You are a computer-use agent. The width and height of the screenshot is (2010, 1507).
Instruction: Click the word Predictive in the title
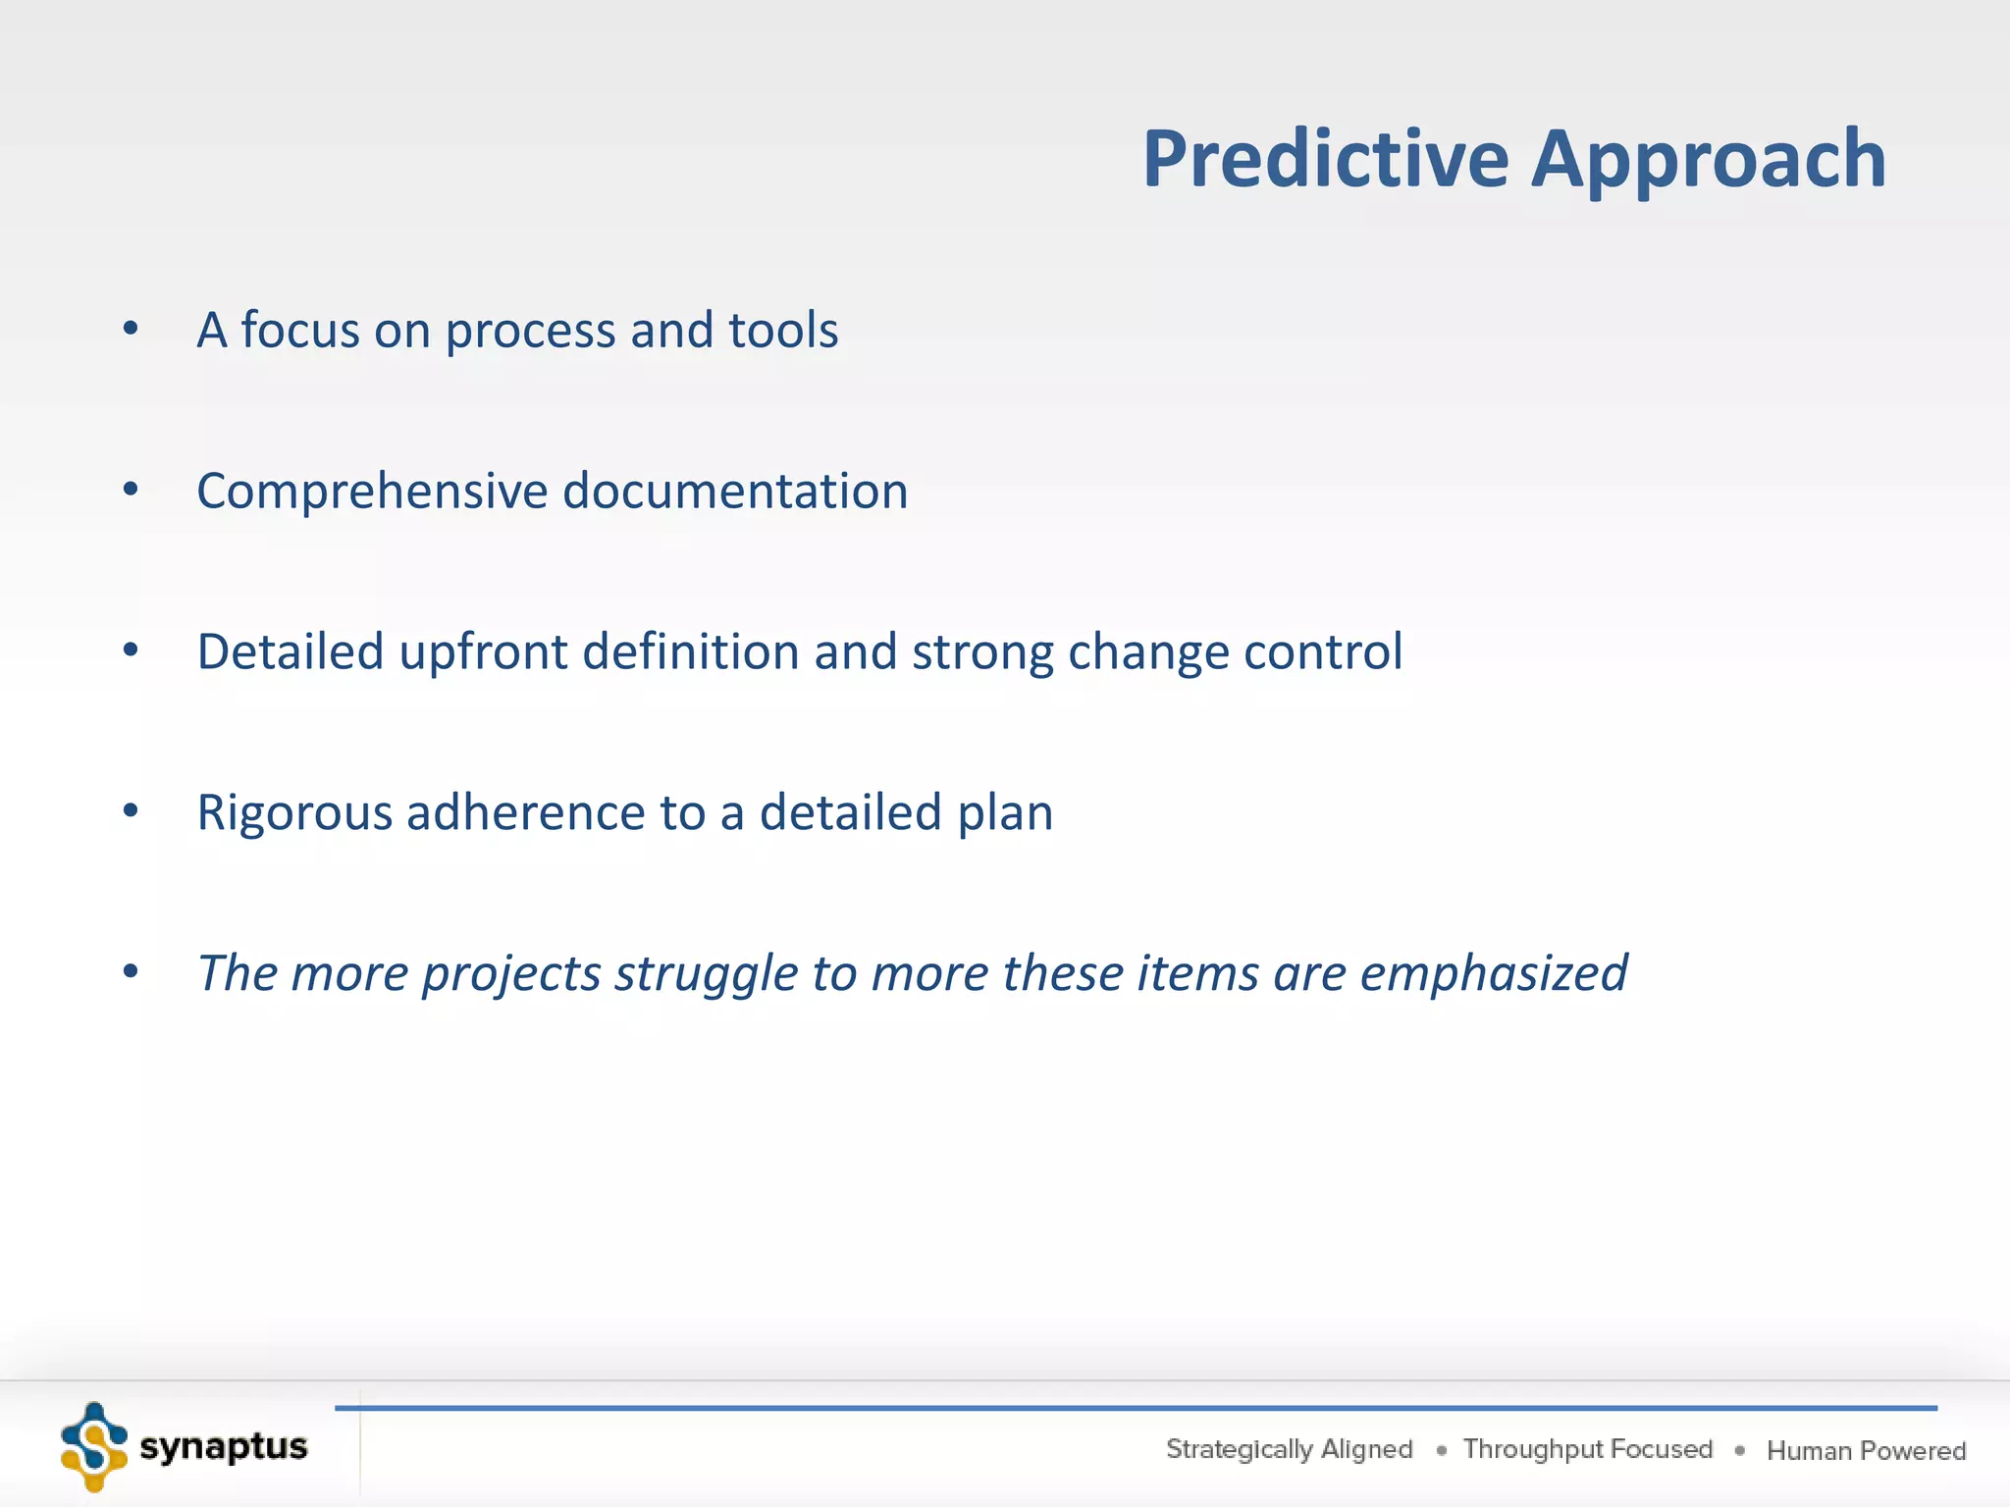tap(1326, 159)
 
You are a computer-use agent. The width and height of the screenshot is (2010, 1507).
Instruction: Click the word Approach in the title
tap(1709, 159)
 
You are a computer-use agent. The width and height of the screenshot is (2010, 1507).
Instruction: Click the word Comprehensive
tap(372, 493)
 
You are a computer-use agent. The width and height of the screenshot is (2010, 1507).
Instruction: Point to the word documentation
tap(735, 492)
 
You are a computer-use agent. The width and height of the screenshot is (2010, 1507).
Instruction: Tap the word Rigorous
tap(294, 814)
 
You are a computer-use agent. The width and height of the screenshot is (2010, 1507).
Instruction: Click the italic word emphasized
tap(1493, 975)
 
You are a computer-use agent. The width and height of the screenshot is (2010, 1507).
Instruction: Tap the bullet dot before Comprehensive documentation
tap(131, 490)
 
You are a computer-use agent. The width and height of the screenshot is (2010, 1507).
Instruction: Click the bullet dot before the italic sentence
tap(131, 972)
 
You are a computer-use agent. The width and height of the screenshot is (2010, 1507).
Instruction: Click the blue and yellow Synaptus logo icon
tap(94, 1446)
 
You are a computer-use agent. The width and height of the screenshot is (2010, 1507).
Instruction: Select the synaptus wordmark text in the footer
tap(224, 1447)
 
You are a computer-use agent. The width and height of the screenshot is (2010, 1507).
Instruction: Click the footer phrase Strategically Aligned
tap(1289, 1449)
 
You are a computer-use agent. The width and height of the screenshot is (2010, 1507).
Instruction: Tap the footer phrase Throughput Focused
tap(1587, 1449)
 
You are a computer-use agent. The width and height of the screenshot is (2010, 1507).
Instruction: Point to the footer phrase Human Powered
tap(1866, 1451)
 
